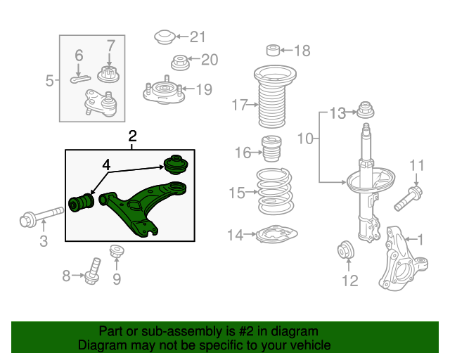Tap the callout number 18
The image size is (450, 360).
[x=301, y=50]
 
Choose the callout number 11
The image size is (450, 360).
[x=416, y=166]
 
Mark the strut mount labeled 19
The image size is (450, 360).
[x=162, y=92]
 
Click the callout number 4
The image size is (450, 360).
[x=105, y=165]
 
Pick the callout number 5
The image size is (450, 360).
[x=49, y=81]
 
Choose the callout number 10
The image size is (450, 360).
[x=304, y=139]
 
